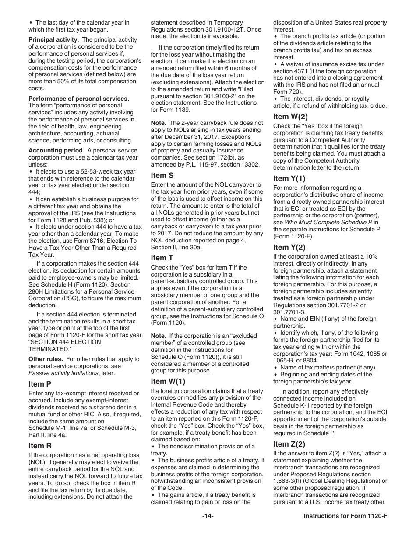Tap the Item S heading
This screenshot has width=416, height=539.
pos(162,175)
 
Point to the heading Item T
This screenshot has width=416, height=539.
pos(162,258)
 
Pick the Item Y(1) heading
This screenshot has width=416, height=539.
pos(289,178)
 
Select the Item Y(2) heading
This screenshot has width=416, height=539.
pos(289,247)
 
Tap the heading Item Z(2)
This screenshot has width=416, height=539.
pos(289,444)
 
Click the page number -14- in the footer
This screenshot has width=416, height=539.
pos(208,516)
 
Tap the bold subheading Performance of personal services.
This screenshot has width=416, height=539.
pos(79,99)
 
